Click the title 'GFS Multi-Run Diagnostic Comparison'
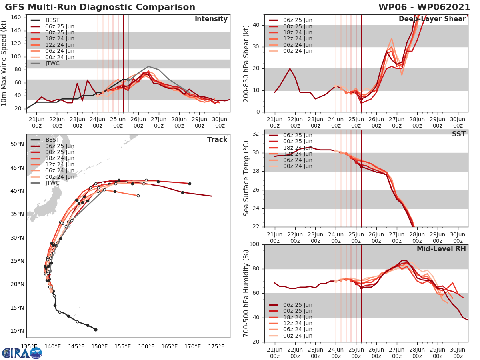tap(100, 7)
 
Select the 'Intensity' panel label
tap(211, 19)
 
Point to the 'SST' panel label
tap(458, 134)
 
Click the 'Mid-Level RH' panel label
tap(441, 249)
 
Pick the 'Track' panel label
tap(217, 140)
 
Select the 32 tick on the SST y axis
tap(256, 134)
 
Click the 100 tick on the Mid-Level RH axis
tap(254, 244)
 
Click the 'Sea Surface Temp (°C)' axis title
tap(246, 178)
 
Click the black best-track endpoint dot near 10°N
tap(96, 330)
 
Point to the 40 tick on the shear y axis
tap(256, 25)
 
